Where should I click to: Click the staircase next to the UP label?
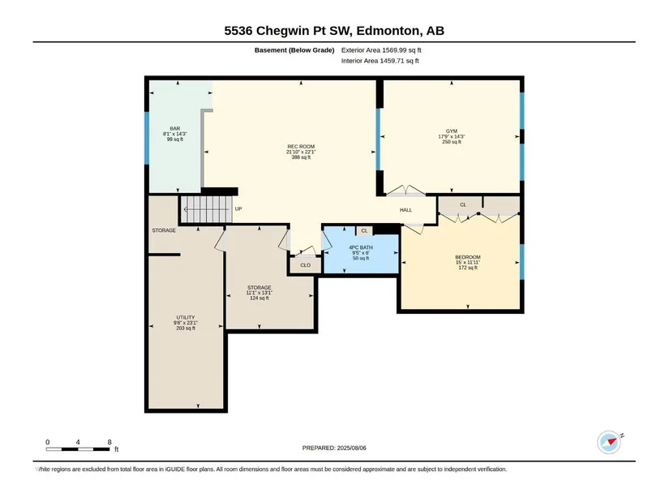207,209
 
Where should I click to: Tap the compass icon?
609,442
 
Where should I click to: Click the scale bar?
78,449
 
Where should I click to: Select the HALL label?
405,210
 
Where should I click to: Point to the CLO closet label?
306,265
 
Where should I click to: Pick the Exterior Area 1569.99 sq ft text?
381,50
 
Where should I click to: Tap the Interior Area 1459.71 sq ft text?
380,61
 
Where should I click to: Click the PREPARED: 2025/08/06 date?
334,448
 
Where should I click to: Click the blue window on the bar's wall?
147,138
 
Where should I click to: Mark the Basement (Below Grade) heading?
294,50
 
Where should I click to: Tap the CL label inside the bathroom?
364,231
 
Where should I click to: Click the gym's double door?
405,191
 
